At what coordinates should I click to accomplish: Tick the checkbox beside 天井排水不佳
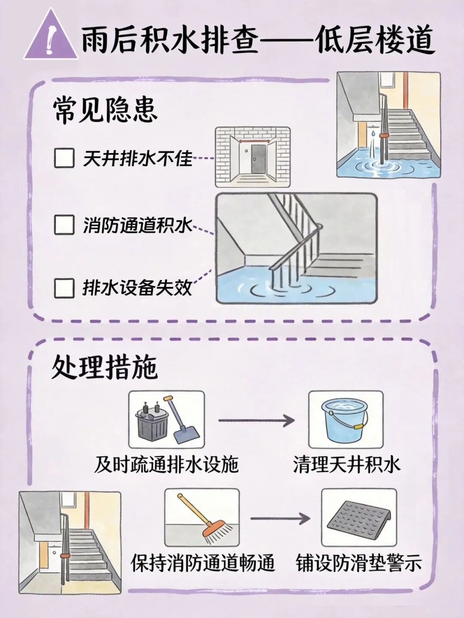64,158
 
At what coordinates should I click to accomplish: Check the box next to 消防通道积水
64,225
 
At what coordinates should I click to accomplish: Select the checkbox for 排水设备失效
64,288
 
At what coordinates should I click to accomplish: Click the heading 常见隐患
105,110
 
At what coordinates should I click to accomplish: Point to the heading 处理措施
104,368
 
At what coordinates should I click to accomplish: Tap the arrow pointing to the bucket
257,420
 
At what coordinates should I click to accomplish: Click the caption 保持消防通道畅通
203,563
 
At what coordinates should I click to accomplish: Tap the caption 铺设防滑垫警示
358,563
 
